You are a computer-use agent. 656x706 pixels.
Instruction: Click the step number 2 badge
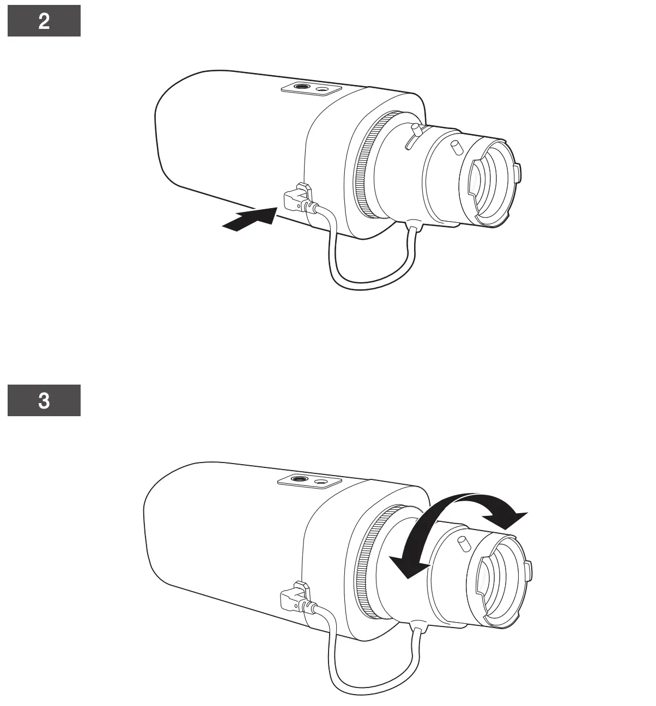pyautogui.click(x=44, y=21)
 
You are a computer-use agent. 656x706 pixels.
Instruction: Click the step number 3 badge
pyautogui.click(x=44, y=400)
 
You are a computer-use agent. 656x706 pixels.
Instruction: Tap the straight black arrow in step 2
pyautogui.click(x=251, y=219)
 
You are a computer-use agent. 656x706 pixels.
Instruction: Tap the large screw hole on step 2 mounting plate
pyautogui.click(x=301, y=86)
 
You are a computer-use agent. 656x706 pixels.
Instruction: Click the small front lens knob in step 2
pyautogui.click(x=454, y=147)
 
